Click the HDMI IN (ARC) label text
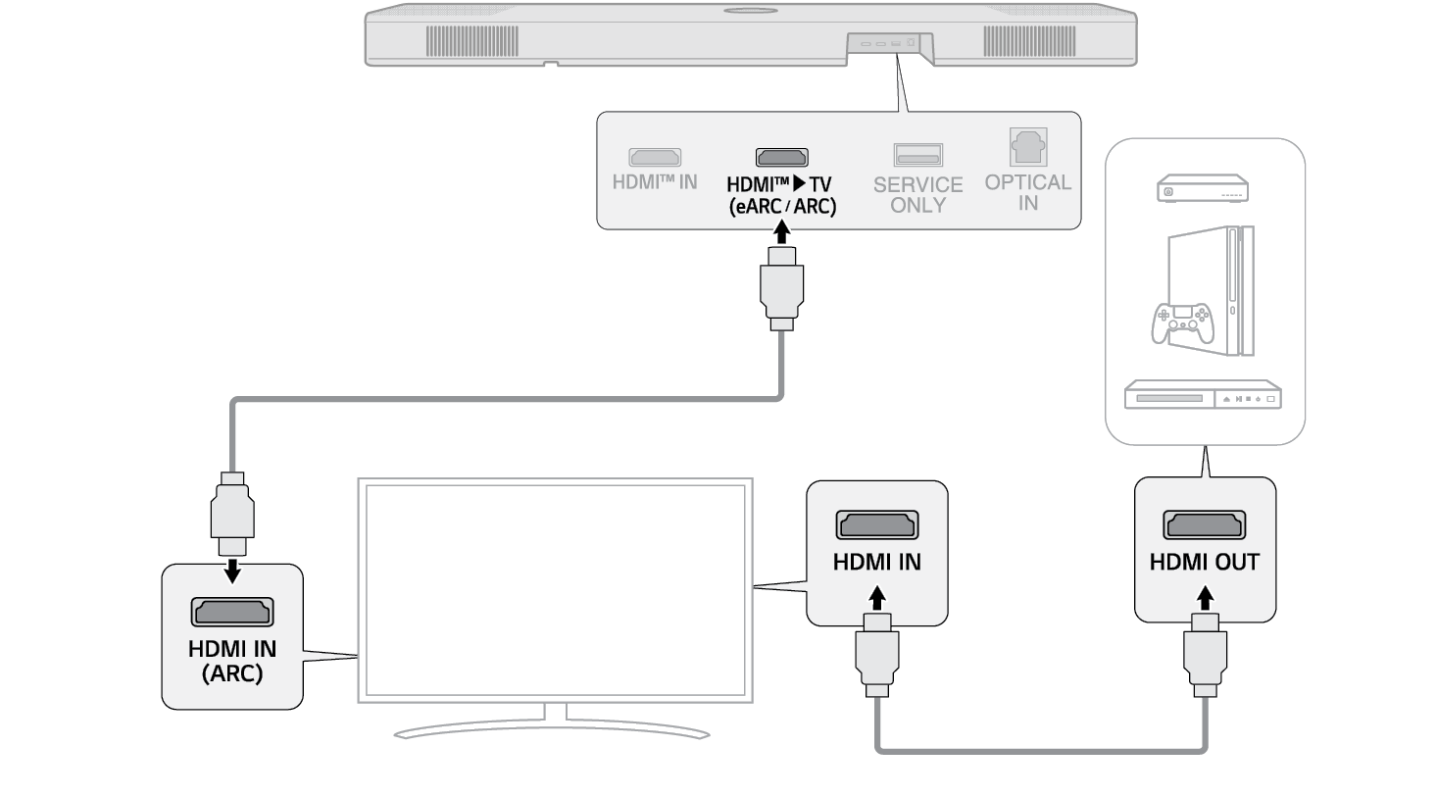tap(232, 661)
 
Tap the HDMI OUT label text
tap(1205, 563)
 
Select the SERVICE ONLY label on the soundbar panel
tap(917, 194)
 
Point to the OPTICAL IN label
tap(1027, 192)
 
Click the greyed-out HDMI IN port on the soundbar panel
tap(655, 157)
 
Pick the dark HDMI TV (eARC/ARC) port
tap(781, 157)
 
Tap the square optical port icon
tap(1027, 148)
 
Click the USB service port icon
tap(917, 154)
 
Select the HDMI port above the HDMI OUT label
tap(1205, 525)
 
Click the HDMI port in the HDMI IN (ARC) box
tap(232, 612)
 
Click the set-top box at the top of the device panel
tap(1203, 189)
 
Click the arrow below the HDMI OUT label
tap(1205, 596)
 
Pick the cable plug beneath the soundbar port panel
tap(781, 288)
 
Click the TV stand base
tap(551, 731)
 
